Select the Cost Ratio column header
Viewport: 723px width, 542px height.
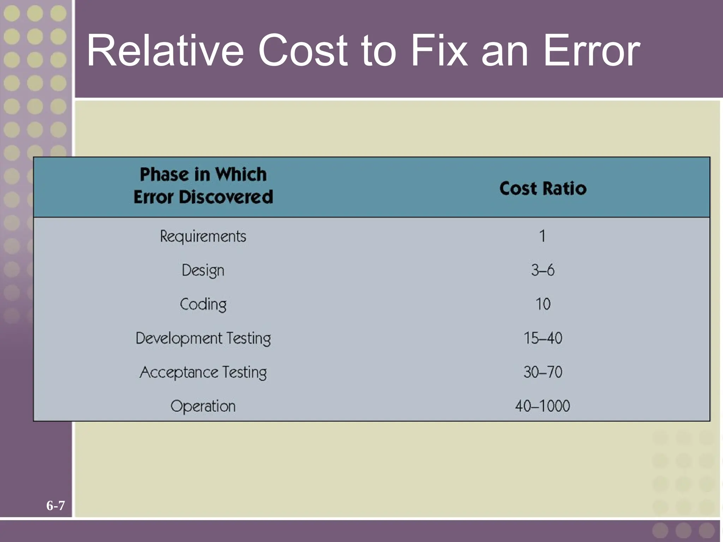click(543, 188)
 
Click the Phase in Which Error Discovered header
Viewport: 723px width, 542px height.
click(203, 186)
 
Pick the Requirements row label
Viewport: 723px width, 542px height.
click(203, 236)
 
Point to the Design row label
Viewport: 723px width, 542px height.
click(203, 271)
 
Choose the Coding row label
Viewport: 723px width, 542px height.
click(203, 304)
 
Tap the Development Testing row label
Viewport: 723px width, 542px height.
click(203, 338)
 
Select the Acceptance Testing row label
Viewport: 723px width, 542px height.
click(203, 372)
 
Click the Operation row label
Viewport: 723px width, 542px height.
click(203, 406)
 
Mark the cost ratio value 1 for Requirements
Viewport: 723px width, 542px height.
click(542, 236)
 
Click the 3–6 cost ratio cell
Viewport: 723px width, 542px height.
click(543, 270)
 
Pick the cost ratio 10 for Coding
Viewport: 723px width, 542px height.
click(543, 304)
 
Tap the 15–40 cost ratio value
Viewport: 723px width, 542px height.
click(543, 338)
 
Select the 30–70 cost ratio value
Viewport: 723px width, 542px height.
click(543, 372)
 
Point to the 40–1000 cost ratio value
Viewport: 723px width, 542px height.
click(543, 406)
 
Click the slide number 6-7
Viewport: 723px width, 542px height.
click(55, 506)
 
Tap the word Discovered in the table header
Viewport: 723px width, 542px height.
click(226, 197)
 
